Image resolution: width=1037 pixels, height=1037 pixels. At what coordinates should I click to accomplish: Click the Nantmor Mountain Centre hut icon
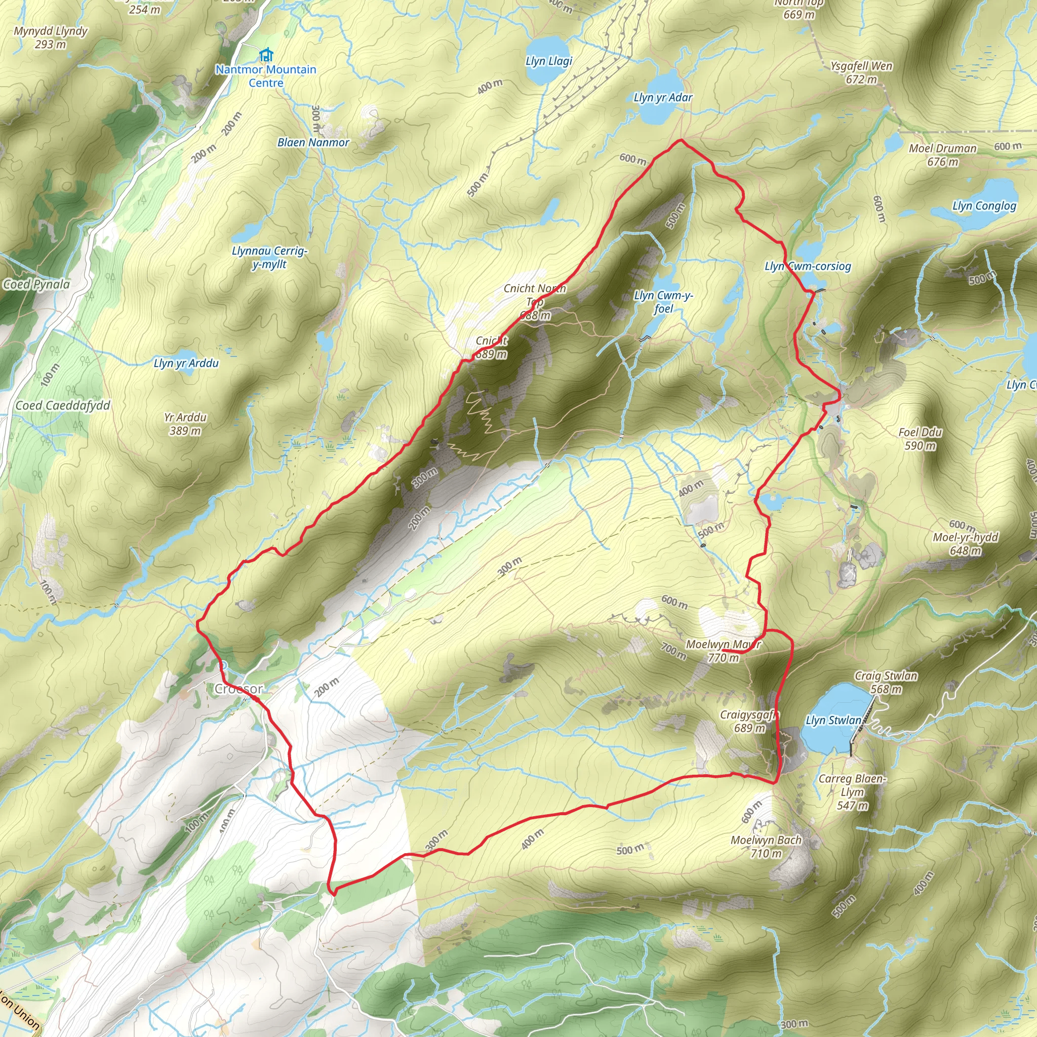(x=265, y=55)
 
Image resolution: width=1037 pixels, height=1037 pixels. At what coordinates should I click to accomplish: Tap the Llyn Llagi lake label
(x=548, y=61)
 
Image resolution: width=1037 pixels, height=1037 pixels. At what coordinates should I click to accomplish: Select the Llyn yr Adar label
(x=663, y=98)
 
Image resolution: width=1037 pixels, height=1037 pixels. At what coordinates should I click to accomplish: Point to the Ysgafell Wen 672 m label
(x=861, y=72)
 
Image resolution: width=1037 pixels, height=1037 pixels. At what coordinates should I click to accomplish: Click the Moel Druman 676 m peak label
(x=942, y=154)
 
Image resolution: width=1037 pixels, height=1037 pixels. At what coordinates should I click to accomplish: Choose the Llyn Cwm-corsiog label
(x=808, y=266)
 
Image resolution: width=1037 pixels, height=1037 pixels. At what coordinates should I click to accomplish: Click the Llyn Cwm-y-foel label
(x=663, y=302)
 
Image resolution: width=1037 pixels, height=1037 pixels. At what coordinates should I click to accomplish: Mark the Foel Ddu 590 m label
(x=920, y=438)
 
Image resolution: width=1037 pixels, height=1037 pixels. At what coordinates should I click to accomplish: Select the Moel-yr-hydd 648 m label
(x=966, y=544)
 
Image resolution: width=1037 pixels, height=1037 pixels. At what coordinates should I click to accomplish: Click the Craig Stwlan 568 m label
(x=886, y=682)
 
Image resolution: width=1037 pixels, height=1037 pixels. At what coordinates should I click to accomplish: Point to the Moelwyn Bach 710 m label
(x=766, y=847)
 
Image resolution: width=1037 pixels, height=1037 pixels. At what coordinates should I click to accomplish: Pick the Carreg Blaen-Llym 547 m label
(x=852, y=792)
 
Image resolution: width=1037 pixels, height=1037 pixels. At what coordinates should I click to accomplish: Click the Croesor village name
(x=239, y=689)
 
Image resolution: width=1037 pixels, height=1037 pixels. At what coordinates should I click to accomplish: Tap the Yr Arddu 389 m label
(x=185, y=423)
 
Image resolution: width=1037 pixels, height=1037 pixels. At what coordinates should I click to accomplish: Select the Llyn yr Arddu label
(x=186, y=364)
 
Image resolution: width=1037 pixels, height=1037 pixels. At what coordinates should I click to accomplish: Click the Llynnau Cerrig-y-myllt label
(x=269, y=257)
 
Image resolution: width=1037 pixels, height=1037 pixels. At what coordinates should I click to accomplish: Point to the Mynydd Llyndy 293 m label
(x=51, y=37)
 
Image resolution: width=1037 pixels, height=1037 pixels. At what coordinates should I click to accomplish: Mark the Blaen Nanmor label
(x=313, y=143)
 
